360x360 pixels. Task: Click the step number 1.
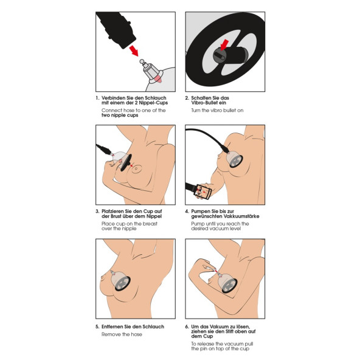97,98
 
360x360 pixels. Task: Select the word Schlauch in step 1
152,98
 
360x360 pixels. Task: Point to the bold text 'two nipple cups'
119,115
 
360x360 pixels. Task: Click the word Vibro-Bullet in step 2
206,103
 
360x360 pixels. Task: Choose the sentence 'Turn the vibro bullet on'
217,111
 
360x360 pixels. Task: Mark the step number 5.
97,326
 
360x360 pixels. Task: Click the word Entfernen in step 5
114,326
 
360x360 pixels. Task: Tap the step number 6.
187,326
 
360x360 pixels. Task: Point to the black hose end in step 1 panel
116,27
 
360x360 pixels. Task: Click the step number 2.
187,98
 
